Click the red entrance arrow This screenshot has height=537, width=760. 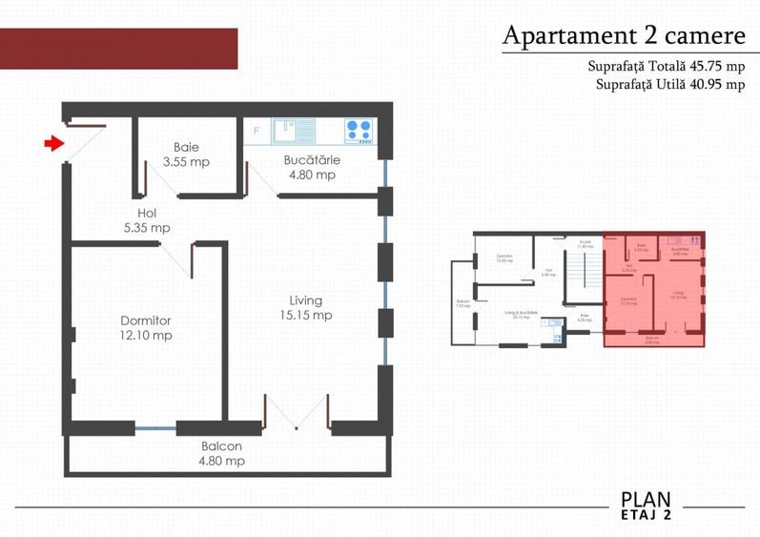pos(53,144)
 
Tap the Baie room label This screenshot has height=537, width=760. pos(186,147)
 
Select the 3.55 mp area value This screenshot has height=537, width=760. pos(186,162)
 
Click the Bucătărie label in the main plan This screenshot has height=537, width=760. pos(311,160)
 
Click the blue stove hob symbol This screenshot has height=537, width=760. pos(359,130)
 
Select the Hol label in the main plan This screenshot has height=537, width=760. pos(146,214)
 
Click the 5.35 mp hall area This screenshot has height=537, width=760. pos(147,228)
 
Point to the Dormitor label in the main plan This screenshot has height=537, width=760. pos(146,320)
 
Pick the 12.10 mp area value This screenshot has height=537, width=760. pos(146,336)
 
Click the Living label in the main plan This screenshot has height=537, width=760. pos(305,299)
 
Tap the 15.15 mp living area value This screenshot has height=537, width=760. pos(305,315)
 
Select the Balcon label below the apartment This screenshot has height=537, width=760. pos(221,446)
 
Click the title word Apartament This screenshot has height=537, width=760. pos(564,36)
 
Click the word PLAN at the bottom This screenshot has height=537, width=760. pos(646,499)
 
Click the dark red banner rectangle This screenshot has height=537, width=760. pos(118,49)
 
